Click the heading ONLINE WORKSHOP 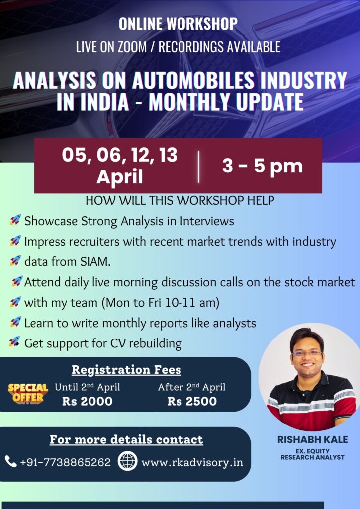tap(178, 24)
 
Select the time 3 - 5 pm tap(262, 166)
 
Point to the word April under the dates tap(120, 177)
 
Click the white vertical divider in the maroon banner tap(199, 167)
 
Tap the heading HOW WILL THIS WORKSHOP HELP tap(180, 201)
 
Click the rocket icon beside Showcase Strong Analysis tap(15, 220)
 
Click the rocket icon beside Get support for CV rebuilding tap(14, 341)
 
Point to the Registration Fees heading tap(126, 370)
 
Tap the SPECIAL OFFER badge tap(28, 393)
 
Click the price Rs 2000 tap(88, 401)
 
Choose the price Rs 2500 tap(192, 401)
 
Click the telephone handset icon tap(11, 461)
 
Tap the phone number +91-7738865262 tap(66, 462)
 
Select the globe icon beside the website tap(127, 461)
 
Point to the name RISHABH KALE tap(312, 439)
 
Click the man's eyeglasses tap(307, 354)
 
